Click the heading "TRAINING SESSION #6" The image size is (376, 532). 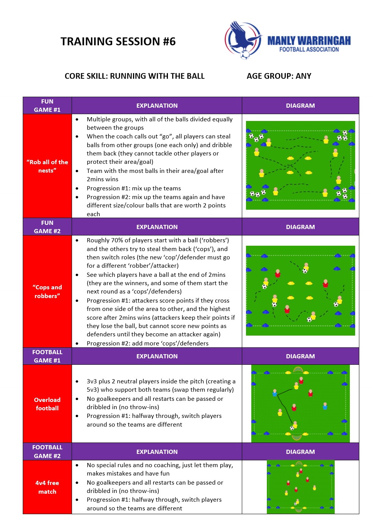[x=118, y=41]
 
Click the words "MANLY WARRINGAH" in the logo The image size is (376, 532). [x=309, y=41]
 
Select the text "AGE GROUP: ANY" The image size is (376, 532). [x=279, y=76]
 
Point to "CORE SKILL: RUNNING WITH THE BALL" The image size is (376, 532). [x=135, y=76]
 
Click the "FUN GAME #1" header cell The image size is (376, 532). [x=47, y=105]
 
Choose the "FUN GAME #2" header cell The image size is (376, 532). [x=47, y=227]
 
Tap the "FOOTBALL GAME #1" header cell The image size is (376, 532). [x=47, y=356]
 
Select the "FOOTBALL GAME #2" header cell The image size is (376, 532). [x=47, y=452]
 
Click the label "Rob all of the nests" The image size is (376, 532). [x=47, y=166]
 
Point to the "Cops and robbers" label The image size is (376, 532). [x=47, y=292]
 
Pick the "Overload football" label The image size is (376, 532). [x=47, y=404]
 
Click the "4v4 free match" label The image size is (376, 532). [x=47, y=487]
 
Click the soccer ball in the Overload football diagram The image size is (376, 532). [x=292, y=428]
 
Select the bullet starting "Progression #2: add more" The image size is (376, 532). [x=147, y=343]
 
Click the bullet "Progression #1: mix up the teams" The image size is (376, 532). [x=134, y=188]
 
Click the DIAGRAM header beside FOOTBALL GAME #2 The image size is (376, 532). [x=300, y=452]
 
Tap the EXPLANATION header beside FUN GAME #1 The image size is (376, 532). [x=157, y=105]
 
